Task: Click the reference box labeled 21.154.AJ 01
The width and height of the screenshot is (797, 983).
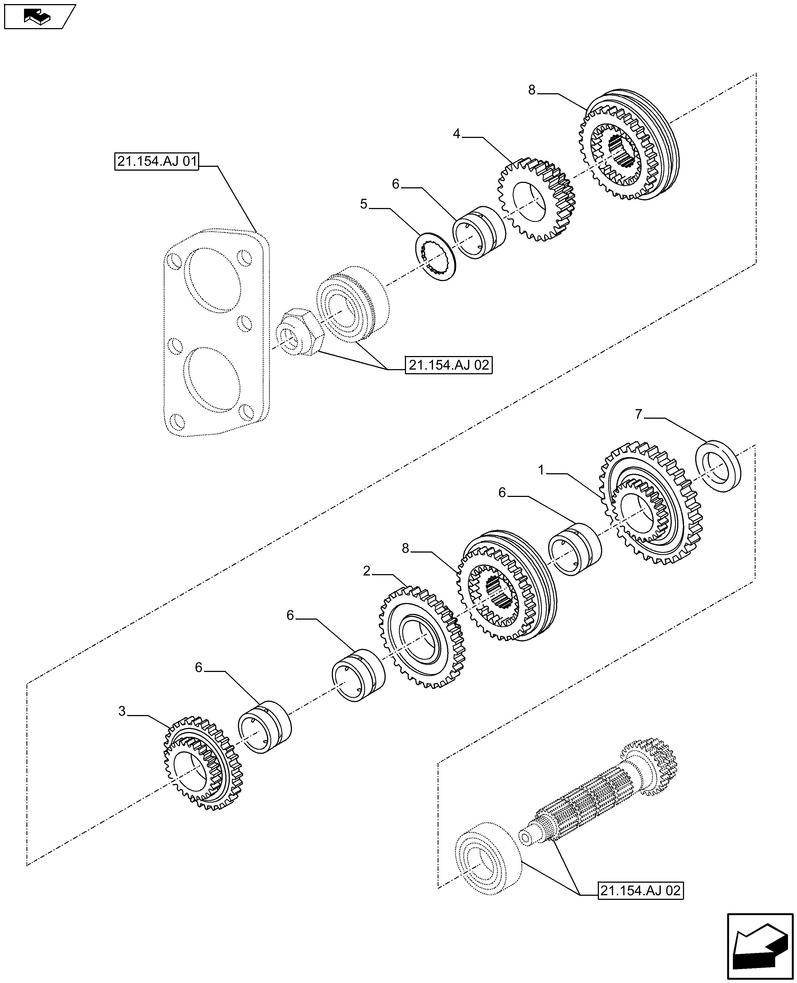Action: pyautogui.click(x=157, y=162)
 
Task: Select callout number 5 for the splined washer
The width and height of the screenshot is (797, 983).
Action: pyautogui.click(x=364, y=204)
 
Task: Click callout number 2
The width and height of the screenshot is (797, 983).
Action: pyautogui.click(x=366, y=571)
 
